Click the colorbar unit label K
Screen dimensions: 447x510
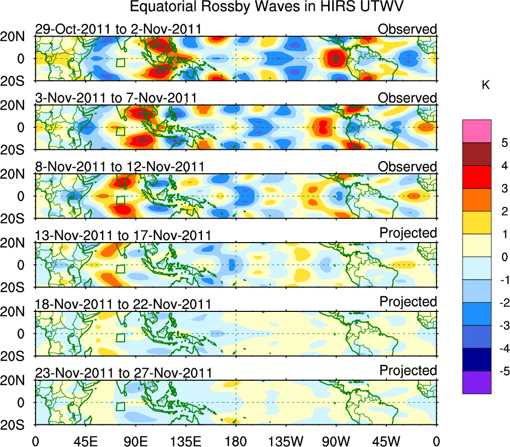click(485, 86)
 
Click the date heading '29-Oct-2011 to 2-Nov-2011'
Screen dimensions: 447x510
click(119, 29)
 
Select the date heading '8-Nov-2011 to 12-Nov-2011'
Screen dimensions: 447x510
click(120, 167)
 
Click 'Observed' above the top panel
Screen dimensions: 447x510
click(407, 29)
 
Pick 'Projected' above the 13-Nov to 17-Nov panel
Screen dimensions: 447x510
click(408, 233)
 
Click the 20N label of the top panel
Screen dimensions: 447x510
click(17, 37)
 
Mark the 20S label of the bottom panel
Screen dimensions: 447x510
click(17, 424)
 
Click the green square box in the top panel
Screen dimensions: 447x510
click(120, 62)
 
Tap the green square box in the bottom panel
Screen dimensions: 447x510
click(120, 406)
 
